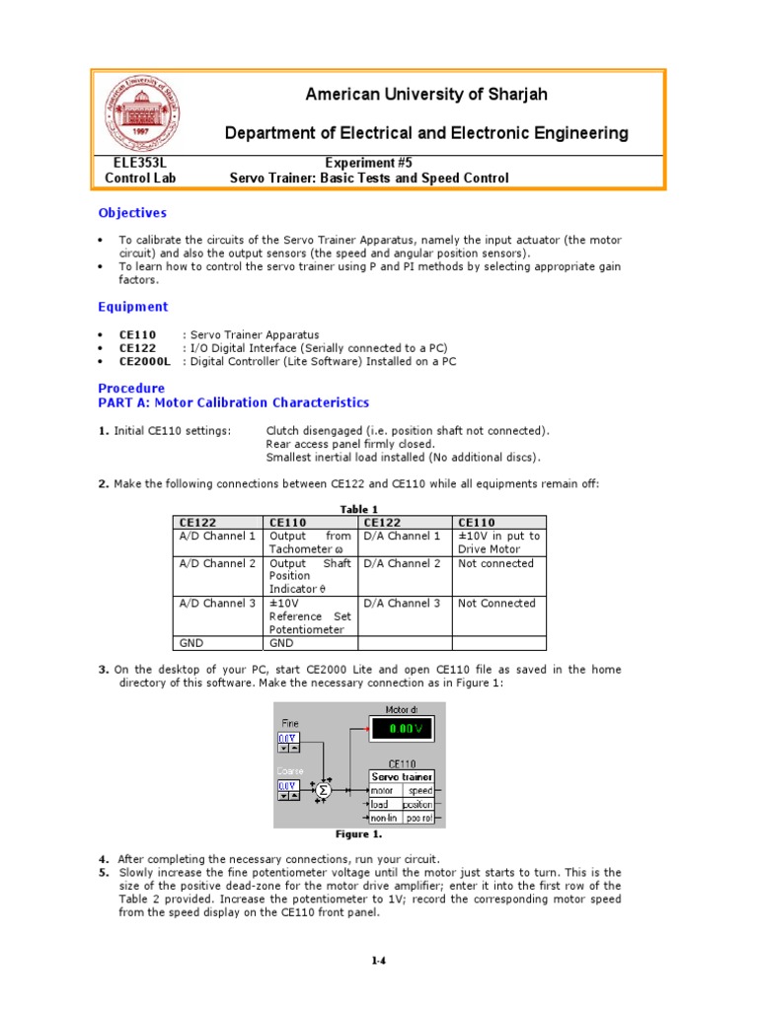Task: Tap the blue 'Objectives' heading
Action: (132, 213)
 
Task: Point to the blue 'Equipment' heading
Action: (133, 307)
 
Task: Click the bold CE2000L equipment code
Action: (145, 362)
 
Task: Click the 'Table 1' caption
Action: (360, 509)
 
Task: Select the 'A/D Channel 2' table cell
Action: (217, 564)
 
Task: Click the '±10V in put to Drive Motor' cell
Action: (498, 542)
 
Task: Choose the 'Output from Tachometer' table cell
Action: (310, 542)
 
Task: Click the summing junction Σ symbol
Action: (322, 790)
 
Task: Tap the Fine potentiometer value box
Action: (286, 738)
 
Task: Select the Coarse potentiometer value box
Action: (286, 785)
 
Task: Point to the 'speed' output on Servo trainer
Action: (421, 790)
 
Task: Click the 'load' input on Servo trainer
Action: (380, 804)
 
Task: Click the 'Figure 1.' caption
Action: (359, 834)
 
